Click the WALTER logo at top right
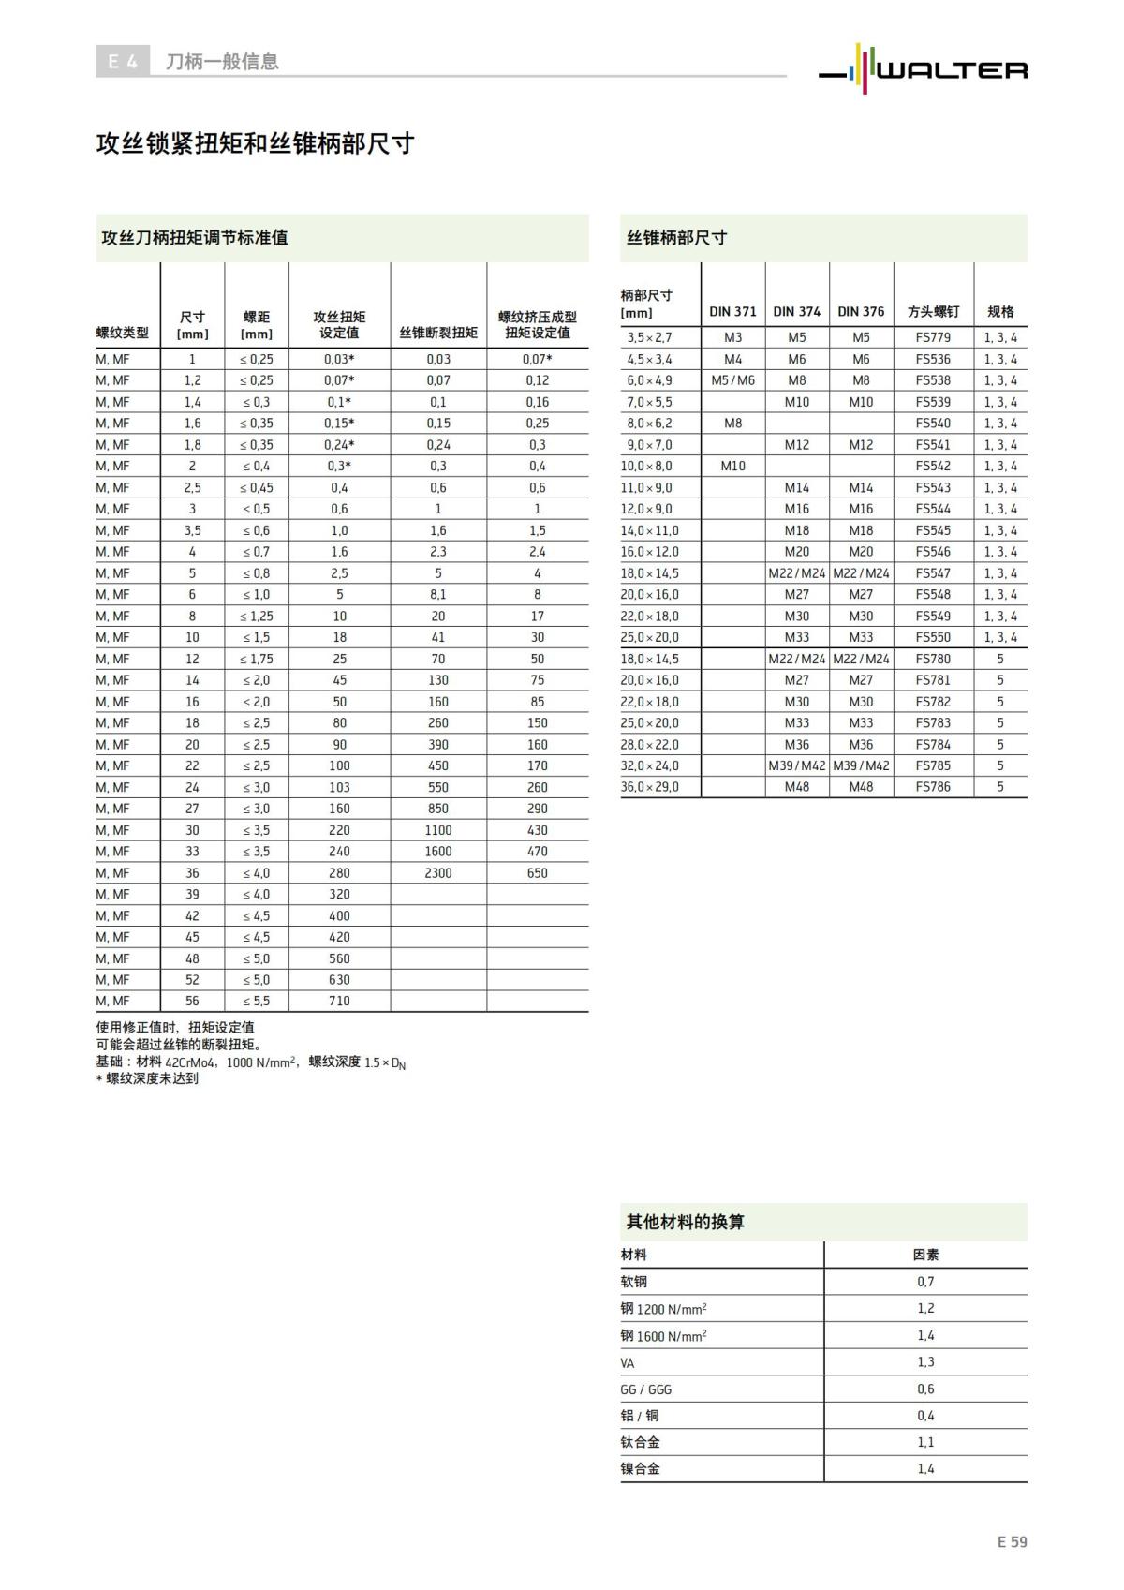[x=924, y=67]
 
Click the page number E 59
[x=1012, y=1541]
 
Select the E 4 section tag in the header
[x=122, y=62]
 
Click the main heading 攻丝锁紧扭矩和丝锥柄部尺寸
[x=255, y=143]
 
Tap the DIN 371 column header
[x=732, y=311]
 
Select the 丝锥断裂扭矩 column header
[x=438, y=333]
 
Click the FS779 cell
[x=933, y=337]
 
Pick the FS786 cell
[x=933, y=787]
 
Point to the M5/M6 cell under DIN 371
[x=732, y=380]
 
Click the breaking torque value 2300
[x=437, y=873]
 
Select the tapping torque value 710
[x=339, y=1002]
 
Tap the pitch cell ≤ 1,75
[x=257, y=659]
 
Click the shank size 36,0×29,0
[x=650, y=787]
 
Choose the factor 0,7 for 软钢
[x=925, y=1282]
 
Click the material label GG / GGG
[x=646, y=1389]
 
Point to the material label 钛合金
[x=640, y=1443]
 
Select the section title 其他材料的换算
[x=686, y=1222]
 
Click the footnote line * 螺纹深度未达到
[x=147, y=1078]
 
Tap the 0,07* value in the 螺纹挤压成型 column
[x=537, y=359]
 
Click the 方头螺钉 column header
[x=933, y=311]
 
